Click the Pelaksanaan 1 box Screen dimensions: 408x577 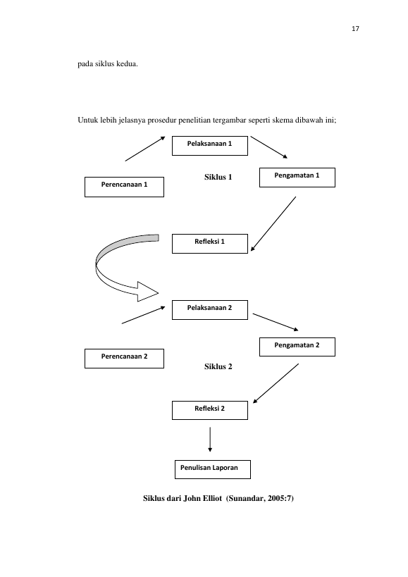(x=210, y=146)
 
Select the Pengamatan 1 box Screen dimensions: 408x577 (x=297, y=178)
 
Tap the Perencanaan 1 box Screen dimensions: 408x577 (x=124, y=187)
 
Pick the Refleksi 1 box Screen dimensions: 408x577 (x=210, y=244)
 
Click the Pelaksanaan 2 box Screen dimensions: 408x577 (x=210, y=310)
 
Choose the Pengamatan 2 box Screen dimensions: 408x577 (x=297, y=347)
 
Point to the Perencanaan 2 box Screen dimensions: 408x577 (x=124, y=359)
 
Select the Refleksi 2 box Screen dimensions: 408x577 (x=210, y=410)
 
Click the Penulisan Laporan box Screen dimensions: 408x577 (x=213, y=469)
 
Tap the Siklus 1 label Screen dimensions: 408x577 (x=218, y=177)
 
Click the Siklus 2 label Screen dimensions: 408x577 (x=218, y=366)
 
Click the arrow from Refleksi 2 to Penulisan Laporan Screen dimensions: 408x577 (x=210, y=440)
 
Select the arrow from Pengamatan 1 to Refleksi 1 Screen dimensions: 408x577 (x=273, y=224)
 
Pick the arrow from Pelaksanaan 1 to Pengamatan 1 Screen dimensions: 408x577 (x=269, y=147)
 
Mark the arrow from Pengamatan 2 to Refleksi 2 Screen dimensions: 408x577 (x=276, y=383)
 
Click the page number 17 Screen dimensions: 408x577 (x=355, y=29)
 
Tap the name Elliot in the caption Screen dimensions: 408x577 (x=211, y=498)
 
